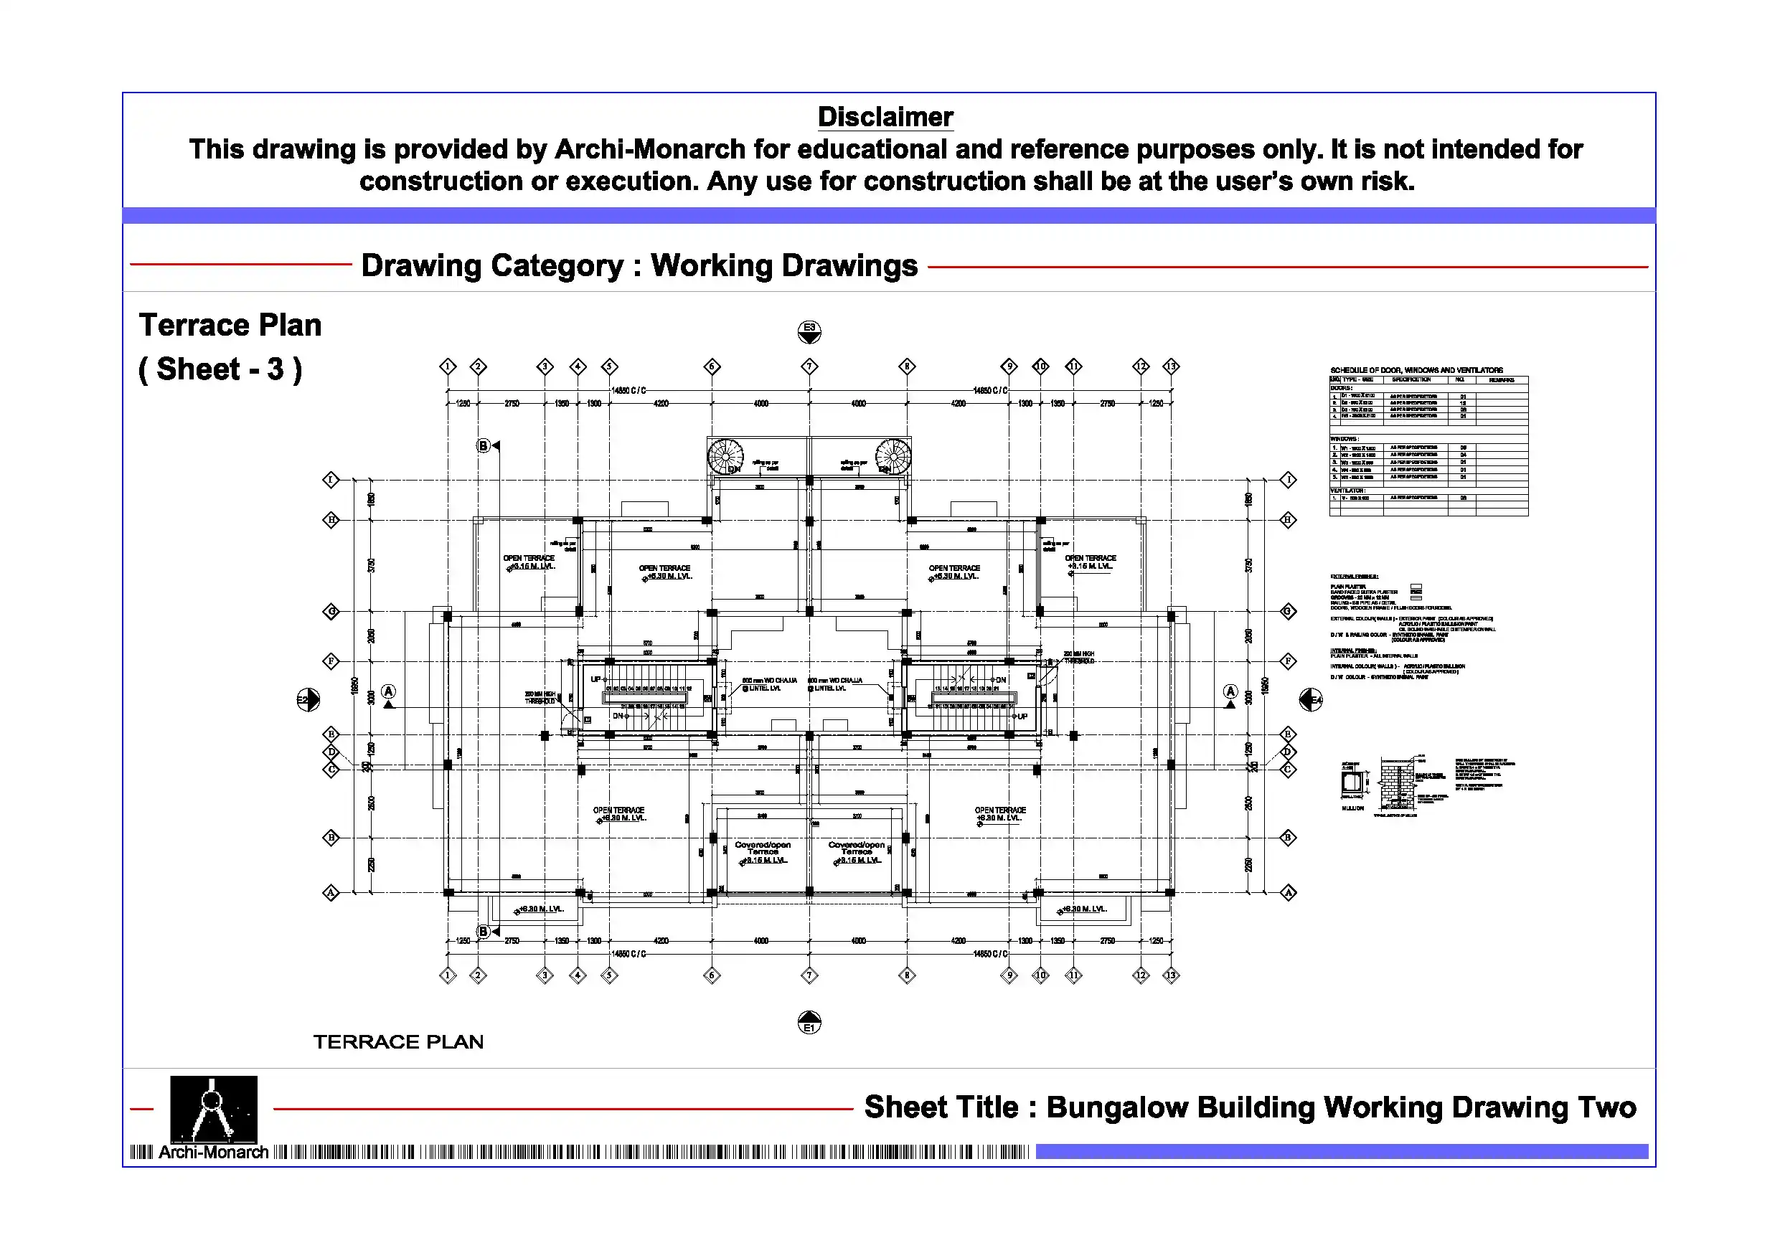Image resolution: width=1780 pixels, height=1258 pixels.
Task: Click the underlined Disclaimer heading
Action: pyautogui.click(x=885, y=117)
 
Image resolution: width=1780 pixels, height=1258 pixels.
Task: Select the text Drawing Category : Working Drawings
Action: pyautogui.click(x=639, y=265)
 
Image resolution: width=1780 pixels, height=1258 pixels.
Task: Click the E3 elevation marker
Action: pyautogui.click(x=809, y=331)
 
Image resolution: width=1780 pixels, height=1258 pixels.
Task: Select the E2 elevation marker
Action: pyautogui.click(x=308, y=700)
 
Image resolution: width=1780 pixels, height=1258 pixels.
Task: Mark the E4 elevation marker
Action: pyautogui.click(x=1311, y=700)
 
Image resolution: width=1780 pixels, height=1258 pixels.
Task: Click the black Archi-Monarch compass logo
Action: pyautogui.click(x=213, y=1108)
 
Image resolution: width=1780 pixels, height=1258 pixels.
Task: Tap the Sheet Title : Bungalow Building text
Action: pyautogui.click(x=1250, y=1107)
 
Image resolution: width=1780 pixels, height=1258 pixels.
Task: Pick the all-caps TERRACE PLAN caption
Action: pyautogui.click(x=398, y=1041)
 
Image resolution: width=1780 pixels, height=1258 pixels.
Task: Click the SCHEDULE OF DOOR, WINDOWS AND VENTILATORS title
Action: pyautogui.click(x=1416, y=371)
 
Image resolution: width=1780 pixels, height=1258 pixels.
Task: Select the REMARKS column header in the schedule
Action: pyautogui.click(x=1502, y=380)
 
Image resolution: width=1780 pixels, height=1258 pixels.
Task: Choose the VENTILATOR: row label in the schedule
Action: pyautogui.click(x=1347, y=491)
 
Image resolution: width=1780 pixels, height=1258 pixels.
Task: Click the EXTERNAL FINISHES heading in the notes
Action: pyautogui.click(x=1355, y=577)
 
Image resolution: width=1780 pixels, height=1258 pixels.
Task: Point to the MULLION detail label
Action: pyautogui.click(x=1353, y=808)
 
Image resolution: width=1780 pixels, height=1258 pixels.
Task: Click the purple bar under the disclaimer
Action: pyautogui.click(x=888, y=215)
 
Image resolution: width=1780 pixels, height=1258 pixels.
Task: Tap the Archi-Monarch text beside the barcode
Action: pyautogui.click(x=213, y=1153)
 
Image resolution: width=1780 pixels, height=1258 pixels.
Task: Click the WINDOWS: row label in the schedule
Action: pyautogui.click(x=1345, y=440)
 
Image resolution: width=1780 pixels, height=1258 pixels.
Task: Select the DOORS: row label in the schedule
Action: pyautogui.click(x=1341, y=387)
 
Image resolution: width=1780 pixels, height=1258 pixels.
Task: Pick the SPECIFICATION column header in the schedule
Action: pyautogui.click(x=1411, y=380)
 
